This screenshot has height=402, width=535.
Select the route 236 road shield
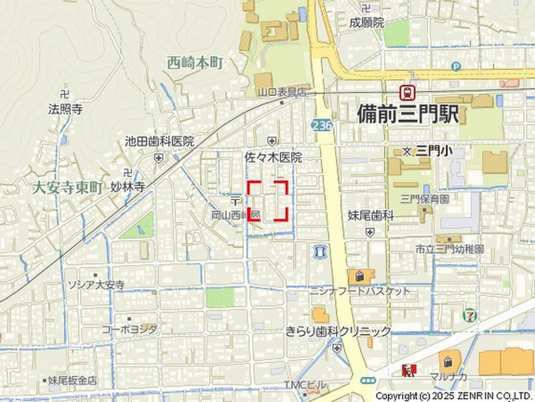(322, 125)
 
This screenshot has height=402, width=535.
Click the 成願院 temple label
(367, 23)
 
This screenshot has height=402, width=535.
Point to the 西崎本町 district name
(195, 63)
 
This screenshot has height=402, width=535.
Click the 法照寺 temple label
(65, 109)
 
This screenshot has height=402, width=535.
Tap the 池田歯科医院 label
(159, 141)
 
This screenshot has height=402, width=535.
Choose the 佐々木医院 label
(273, 157)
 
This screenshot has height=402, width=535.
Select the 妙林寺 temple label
(127, 187)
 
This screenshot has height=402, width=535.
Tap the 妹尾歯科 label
(370, 215)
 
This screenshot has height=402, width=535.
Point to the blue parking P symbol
(456, 66)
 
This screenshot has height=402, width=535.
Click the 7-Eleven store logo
(469, 316)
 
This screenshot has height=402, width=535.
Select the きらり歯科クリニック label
(338, 331)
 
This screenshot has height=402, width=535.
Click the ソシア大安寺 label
(97, 285)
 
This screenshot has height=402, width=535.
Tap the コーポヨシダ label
(129, 329)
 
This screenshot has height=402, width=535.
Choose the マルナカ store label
(448, 376)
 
